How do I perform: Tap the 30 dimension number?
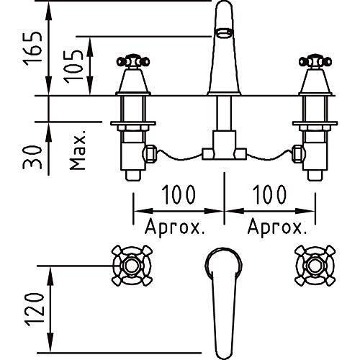[x=32, y=157]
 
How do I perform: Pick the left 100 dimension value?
[x=179, y=194]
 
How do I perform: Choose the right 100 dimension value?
[x=269, y=194]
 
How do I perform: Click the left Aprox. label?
[x=175, y=228]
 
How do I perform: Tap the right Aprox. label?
[x=277, y=228]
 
